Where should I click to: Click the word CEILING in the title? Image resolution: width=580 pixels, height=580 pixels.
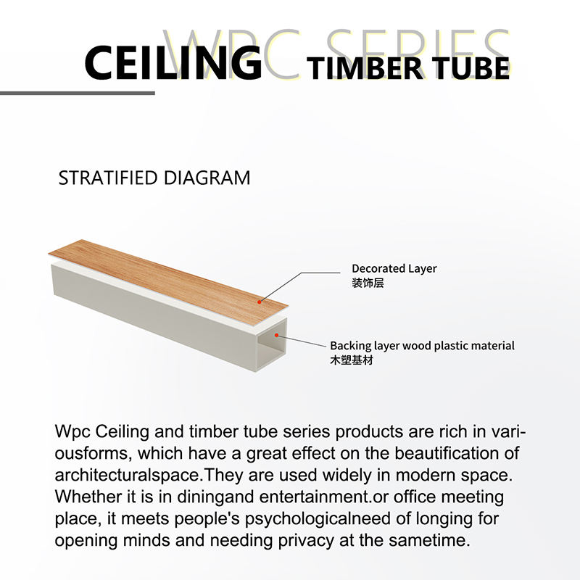173,62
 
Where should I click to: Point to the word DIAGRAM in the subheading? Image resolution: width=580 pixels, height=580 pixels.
207,178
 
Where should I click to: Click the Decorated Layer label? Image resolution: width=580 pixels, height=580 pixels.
394,269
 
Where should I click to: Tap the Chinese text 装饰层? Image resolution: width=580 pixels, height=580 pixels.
368,283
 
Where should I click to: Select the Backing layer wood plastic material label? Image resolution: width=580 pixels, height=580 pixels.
422,346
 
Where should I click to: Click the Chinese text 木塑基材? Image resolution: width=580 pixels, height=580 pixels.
352,360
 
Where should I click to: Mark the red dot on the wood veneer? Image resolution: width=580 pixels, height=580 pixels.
260,302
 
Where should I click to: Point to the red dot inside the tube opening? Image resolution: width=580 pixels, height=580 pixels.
276,335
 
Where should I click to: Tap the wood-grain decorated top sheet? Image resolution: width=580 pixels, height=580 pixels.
168,283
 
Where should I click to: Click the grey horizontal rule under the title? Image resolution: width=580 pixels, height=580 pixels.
78,94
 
